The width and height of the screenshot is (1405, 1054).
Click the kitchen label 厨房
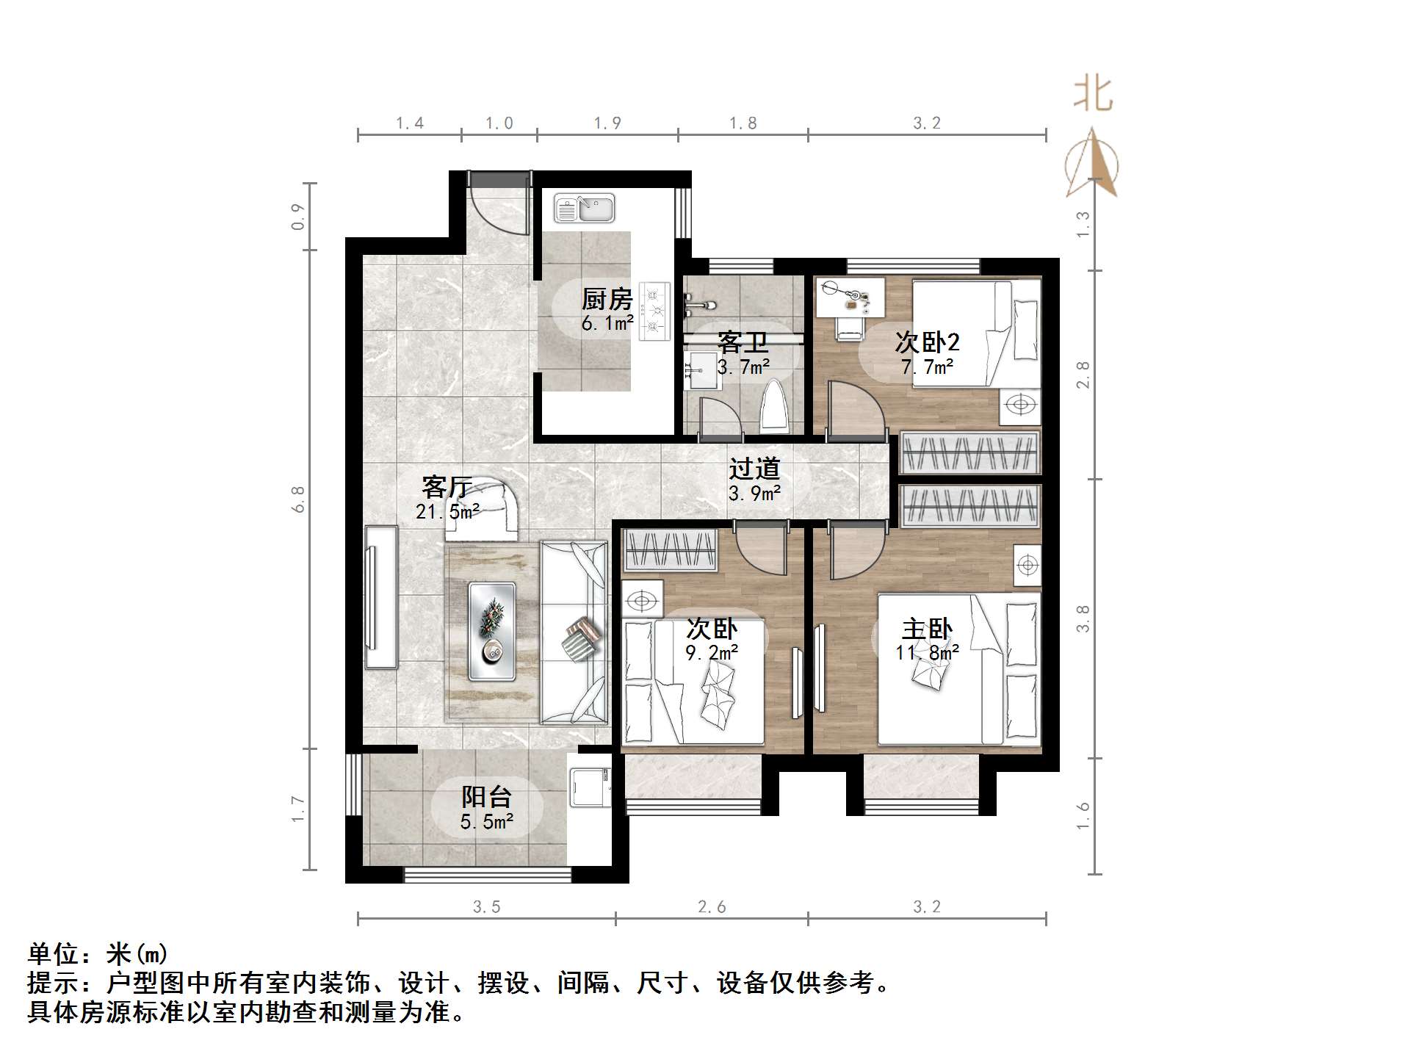pyautogui.click(x=607, y=299)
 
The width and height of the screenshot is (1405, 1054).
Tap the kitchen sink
pyautogui.click(x=584, y=209)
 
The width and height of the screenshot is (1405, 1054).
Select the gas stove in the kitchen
pyautogui.click(x=654, y=311)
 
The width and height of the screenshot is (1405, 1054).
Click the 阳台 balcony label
pyautogui.click(x=486, y=797)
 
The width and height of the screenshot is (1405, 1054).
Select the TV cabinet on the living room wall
pyautogui.click(x=380, y=596)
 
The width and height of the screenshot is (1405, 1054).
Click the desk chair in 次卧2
pyautogui.click(x=850, y=326)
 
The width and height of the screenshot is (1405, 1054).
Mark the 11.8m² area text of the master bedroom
pyautogui.click(x=927, y=652)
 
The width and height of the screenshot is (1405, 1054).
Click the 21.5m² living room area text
pyautogui.click(x=447, y=511)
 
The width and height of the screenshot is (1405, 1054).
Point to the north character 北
pyautogui.click(x=1092, y=95)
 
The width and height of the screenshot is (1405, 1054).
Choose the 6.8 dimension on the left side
pyautogui.click(x=298, y=499)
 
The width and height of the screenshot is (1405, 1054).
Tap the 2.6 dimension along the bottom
pyautogui.click(x=711, y=907)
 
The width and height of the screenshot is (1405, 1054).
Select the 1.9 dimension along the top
pyautogui.click(x=607, y=123)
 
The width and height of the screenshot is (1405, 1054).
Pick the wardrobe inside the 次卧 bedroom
pyautogui.click(x=670, y=551)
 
